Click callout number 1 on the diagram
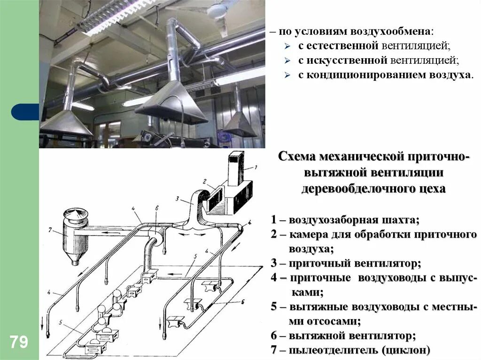[x=256, y=167]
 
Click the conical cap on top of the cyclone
[x=75, y=213]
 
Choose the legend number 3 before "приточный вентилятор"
[x=274, y=263]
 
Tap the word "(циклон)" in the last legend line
[x=406, y=350]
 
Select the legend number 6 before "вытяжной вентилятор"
[x=274, y=336]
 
